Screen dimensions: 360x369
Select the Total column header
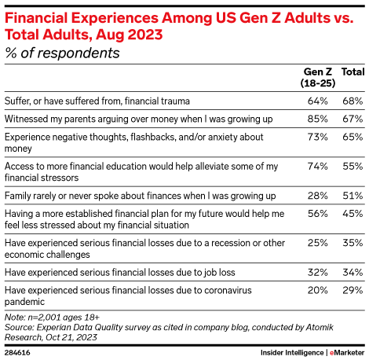click(x=352, y=72)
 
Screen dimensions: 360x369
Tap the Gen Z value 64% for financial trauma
click(x=317, y=101)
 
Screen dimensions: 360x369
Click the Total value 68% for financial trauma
click(x=353, y=101)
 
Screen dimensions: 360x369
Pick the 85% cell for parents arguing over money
click(x=317, y=119)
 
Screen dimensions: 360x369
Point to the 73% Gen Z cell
click(x=317, y=136)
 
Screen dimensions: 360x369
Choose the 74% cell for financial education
click(x=317, y=167)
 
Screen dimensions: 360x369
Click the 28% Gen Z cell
click(x=317, y=195)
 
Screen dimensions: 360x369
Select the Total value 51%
click(x=353, y=195)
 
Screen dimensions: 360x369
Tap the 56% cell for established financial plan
click(x=317, y=213)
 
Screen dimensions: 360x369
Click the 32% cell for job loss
click(x=317, y=272)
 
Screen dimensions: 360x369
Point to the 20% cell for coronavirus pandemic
click(x=317, y=290)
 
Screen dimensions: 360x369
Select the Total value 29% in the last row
click(x=353, y=290)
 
